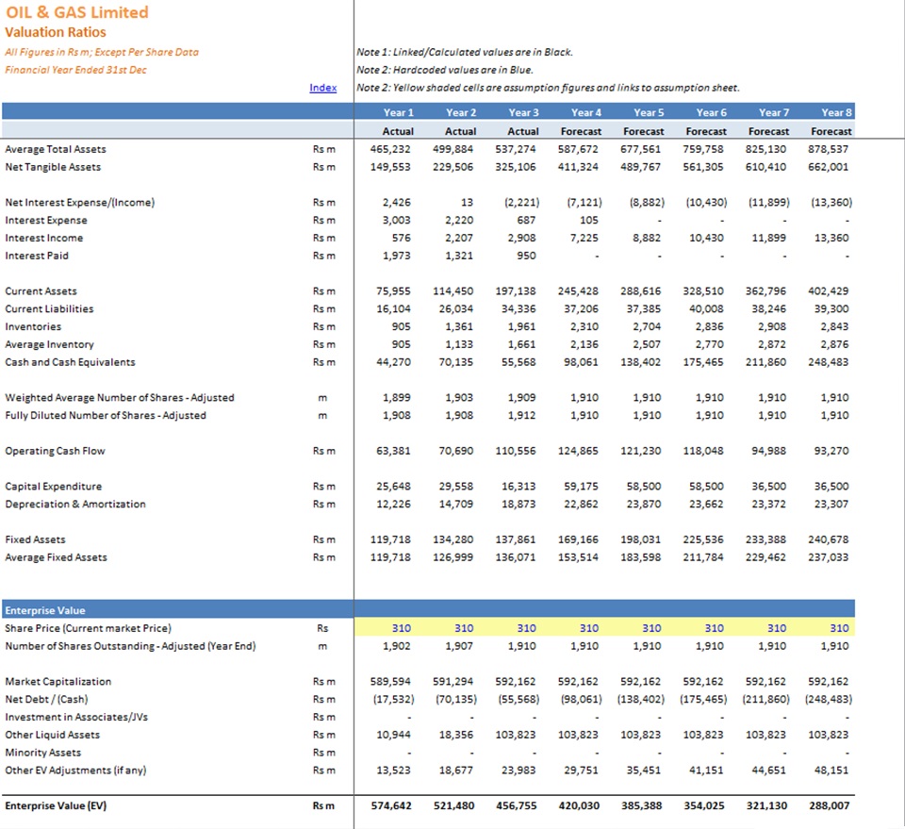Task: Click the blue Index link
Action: [x=322, y=88]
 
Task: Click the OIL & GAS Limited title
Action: [x=77, y=12]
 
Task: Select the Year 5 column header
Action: [x=649, y=112]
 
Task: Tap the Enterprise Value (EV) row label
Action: [x=56, y=806]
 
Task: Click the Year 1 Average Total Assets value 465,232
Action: [x=390, y=149]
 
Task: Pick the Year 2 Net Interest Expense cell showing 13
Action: [x=467, y=203]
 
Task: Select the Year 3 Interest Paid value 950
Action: [x=526, y=256]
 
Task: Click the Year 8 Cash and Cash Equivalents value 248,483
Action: [x=829, y=362]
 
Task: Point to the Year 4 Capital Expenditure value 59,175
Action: [x=579, y=487]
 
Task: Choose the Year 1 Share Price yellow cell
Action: [x=386, y=628]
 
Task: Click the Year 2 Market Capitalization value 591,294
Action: [x=453, y=682]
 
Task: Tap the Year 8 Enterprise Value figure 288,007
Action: [x=829, y=806]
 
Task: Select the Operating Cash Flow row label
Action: [x=56, y=451]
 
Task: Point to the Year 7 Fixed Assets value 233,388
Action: [x=765, y=539]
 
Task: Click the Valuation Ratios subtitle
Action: [x=56, y=32]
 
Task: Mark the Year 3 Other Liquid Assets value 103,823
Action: [x=516, y=735]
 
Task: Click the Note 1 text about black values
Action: [x=465, y=52]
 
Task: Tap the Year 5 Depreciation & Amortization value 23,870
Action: [x=644, y=504]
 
